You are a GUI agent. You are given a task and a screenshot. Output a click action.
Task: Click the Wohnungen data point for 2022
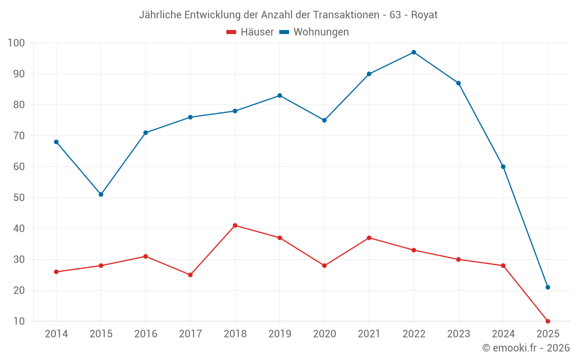click(x=414, y=52)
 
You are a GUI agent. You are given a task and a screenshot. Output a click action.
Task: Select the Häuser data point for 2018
click(x=235, y=225)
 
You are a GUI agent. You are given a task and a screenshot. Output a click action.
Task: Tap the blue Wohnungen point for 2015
click(x=101, y=195)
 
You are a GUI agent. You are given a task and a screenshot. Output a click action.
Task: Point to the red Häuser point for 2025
click(x=548, y=321)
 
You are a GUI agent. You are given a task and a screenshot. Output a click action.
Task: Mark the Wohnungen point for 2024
click(x=503, y=166)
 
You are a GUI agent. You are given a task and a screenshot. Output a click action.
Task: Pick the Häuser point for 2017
click(x=190, y=275)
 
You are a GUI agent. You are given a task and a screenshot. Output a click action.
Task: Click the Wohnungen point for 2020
click(x=324, y=120)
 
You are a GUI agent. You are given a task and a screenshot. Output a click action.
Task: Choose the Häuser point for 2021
click(x=369, y=238)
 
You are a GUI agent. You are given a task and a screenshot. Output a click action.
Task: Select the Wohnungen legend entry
click(x=314, y=32)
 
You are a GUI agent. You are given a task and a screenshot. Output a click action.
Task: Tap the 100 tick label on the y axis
click(x=16, y=43)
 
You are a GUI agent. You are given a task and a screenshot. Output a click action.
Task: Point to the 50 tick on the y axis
click(x=19, y=198)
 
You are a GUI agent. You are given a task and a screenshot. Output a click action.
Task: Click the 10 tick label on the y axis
click(x=19, y=321)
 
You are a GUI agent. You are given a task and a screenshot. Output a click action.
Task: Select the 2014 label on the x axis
click(x=56, y=334)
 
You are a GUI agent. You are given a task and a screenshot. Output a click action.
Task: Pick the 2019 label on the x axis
click(x=279, y=334)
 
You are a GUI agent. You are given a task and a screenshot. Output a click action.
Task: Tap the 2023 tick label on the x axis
click(x=458, y=334)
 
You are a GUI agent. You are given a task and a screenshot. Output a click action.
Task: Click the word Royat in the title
click(x=424, y=15)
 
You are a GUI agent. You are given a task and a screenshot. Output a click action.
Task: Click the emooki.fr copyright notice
click(x=525, y=348)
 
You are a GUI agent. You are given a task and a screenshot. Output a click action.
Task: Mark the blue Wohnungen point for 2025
click(x=548, y=287)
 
